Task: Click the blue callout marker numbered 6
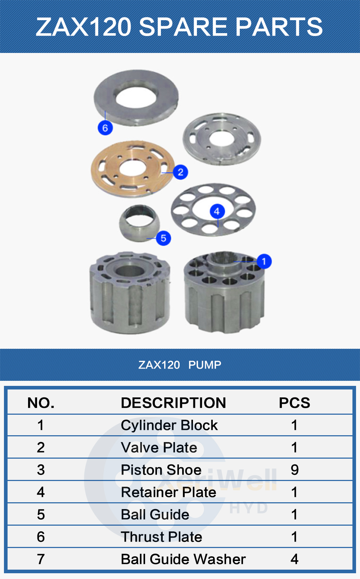click(x=105, y=128)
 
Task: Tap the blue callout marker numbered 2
click(x=180, y=172)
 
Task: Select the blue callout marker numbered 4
click(x=217, y=211)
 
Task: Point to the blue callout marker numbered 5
click(x=163, y=238)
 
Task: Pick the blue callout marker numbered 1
click(x=264, y=261)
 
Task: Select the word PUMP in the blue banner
click(x=205, y=365)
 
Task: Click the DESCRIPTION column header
click(x=173, y=403)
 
